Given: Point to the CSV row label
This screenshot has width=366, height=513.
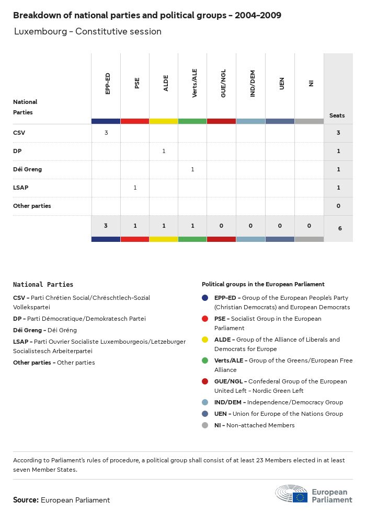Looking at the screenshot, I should [19, 133].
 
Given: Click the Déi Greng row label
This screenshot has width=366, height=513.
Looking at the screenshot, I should [27, 169].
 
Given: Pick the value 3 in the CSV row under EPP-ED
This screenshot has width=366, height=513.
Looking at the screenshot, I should [106, 133].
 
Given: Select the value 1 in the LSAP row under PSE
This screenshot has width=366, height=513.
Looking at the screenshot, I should [135, 188].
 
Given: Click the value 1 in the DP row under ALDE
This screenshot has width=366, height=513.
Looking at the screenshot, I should [164, 151].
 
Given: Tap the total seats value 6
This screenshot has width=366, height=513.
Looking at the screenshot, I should [338, 228].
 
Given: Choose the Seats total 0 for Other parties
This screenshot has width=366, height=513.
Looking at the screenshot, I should [338, 206].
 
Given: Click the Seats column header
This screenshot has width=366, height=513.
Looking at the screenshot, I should [337, 115].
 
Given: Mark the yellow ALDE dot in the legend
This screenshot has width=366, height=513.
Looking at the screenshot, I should [205, 340].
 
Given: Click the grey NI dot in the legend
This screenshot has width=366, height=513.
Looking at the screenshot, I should [205, 425].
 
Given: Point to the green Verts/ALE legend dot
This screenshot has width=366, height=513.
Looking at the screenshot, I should [205, 360].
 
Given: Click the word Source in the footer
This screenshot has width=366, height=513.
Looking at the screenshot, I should [26, 500].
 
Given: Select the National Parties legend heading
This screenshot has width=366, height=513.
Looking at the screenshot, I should [43, 285].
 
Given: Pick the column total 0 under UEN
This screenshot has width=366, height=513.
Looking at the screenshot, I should [280, 226].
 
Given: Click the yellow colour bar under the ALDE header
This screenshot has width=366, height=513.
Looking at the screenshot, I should [164, 121].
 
